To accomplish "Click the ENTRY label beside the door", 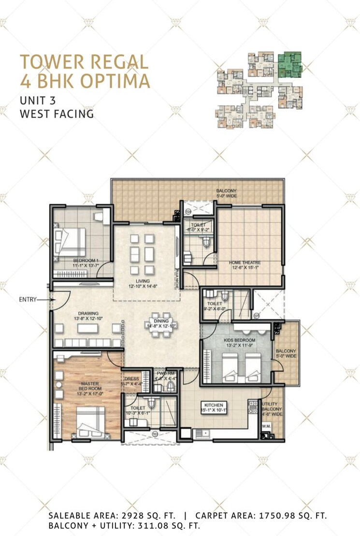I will point(28,300).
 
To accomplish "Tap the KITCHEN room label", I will point(213,405).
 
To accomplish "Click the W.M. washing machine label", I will point(266,427).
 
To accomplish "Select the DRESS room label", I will point(132,378).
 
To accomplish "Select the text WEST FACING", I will point(57,114).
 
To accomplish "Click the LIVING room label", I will point(143,281).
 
